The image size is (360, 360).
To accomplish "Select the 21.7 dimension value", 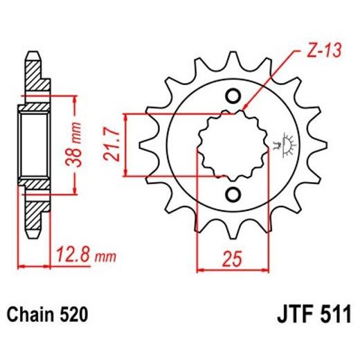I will [x=109, y=143].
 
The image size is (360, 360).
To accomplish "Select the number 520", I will [x=73, y=316].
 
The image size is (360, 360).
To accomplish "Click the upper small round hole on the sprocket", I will [x=233, y=96].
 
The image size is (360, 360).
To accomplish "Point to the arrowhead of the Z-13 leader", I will [x=244, y=109].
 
